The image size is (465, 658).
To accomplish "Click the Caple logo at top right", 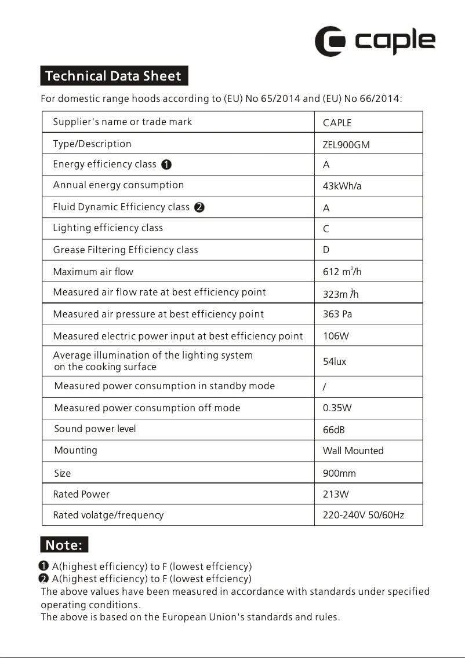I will [375, 41].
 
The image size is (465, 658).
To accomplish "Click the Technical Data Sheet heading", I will [114, 76].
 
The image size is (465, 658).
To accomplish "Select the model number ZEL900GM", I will [346, 145].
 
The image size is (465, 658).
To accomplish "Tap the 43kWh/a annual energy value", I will [342, 187].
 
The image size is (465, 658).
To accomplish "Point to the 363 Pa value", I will [337, 315].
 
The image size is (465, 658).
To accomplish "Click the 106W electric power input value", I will [336, 337].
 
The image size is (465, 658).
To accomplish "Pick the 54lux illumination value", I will [334, 362].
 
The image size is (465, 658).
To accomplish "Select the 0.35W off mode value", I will [337, 408].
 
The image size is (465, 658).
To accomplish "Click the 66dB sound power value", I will [334, 430].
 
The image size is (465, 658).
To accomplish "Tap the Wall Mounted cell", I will [353, 451].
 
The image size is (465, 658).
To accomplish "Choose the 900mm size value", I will [339, 474].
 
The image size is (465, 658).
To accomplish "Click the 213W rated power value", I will [336, 495].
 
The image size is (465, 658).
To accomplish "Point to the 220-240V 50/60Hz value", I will [363, 516].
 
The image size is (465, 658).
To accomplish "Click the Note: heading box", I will [64, 545].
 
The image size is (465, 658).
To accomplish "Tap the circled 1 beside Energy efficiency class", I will [166, 165].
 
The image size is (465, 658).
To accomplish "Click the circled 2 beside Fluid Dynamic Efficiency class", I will [199, 207].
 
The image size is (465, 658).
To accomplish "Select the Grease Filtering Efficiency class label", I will [125, 250].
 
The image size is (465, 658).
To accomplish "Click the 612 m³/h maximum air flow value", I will [342, 272].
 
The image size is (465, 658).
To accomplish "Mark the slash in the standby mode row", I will [324, 387].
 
